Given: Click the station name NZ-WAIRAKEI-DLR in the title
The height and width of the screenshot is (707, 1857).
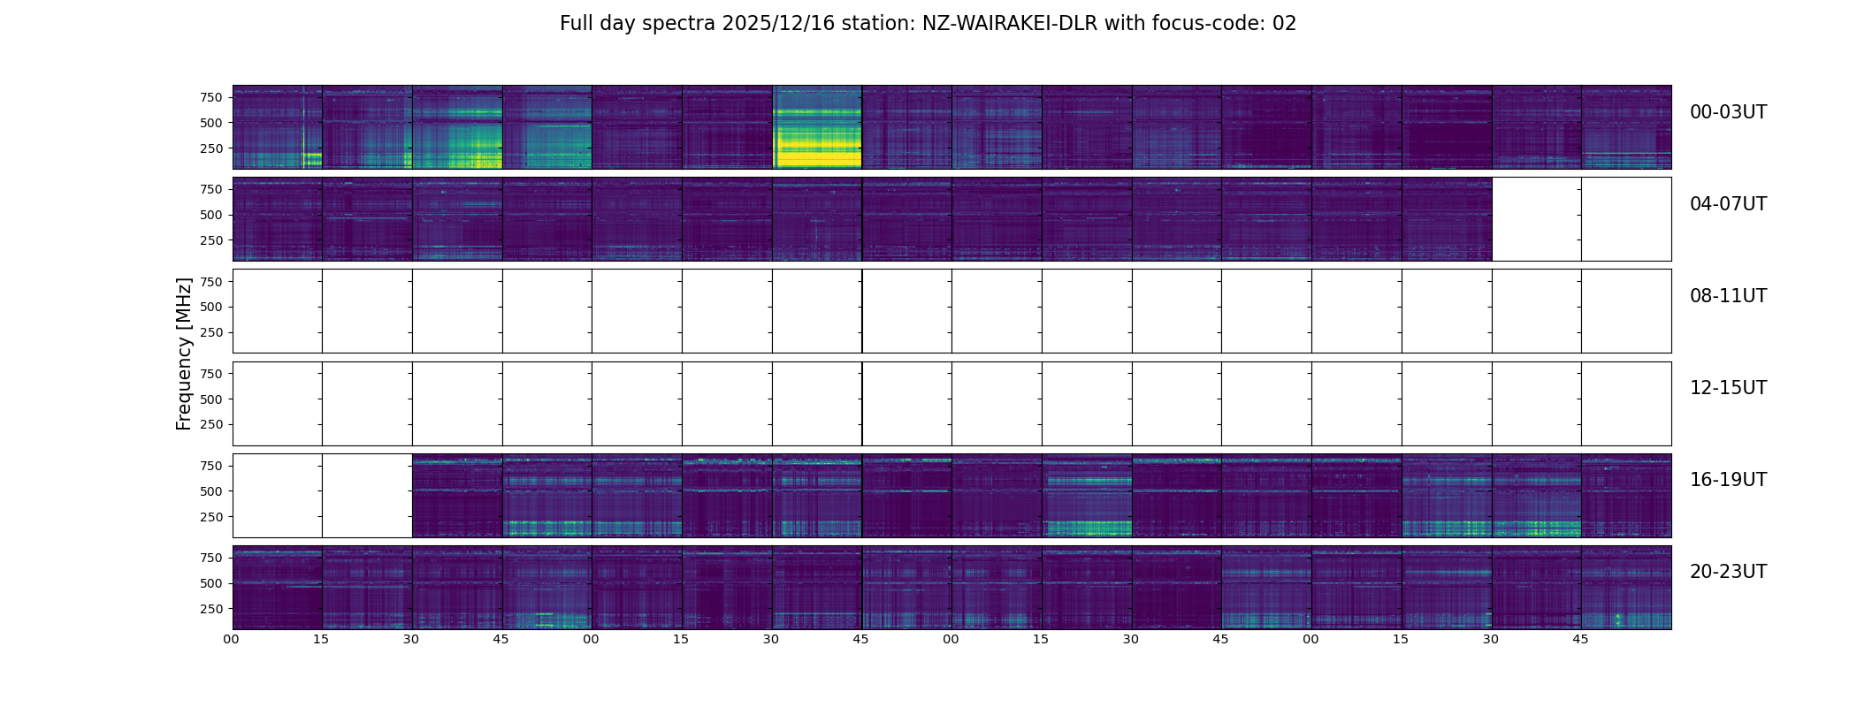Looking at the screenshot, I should point(1009,24).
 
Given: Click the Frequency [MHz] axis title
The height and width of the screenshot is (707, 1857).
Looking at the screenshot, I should point(184,353).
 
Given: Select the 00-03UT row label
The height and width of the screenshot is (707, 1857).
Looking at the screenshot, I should point(1728,112).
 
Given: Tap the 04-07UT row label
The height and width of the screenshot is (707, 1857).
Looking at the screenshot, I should point(1728,204).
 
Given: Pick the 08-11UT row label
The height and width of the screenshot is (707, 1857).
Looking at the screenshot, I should point(1728,296).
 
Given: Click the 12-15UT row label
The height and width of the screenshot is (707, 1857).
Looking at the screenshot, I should point(1728,388).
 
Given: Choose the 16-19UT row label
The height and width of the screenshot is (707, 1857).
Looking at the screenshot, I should point(1728,480).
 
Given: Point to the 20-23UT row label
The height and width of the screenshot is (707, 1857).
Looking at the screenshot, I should point(1728,572).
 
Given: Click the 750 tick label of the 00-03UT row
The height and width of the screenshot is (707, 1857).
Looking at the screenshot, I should point(210,97).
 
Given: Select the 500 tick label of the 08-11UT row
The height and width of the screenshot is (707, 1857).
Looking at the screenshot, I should point(210,307).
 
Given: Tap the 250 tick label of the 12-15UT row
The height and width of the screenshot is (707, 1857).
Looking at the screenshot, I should point(210,425).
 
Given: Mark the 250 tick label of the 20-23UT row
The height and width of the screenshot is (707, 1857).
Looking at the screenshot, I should point(210,609).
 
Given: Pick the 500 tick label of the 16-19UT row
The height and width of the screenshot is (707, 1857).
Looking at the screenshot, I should point(210,491).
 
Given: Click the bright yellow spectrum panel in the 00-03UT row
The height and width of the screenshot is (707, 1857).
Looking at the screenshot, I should point(817,127).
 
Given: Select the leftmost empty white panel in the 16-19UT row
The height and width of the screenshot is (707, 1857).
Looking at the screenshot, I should point(277,496).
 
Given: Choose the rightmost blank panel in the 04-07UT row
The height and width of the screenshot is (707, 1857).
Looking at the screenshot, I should point(1626,219).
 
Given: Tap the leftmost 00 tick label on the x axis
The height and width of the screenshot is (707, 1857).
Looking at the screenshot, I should point(231,639).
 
